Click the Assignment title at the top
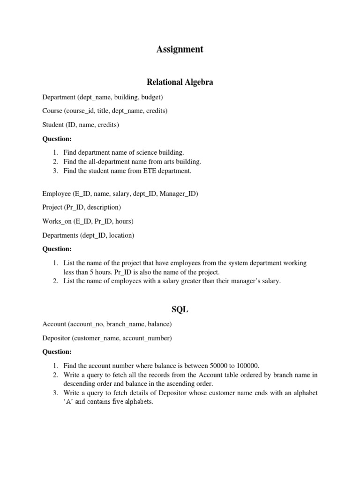tap(180, 49)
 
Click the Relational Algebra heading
tap(180, 82)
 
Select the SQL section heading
tap(180, 310)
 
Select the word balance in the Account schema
tap(158, 324)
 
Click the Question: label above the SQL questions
tap(57, 352)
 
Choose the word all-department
tap(117, 162)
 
